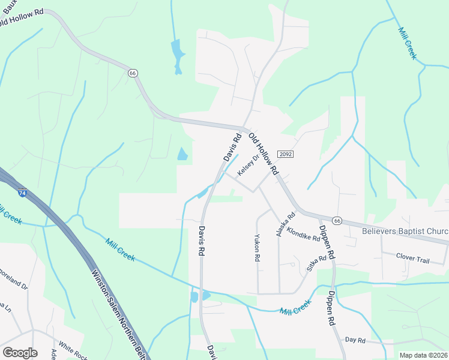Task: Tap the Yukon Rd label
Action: point(257,247)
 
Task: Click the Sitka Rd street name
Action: point(316,263)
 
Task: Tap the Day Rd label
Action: point(355,340)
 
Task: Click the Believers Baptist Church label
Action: point(406,231)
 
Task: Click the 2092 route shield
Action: point(285,155)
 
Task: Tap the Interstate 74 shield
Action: point(22,193)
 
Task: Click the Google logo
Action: point(20,352)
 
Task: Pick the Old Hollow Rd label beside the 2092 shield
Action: point(264,154)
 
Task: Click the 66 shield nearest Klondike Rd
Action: point(338,221)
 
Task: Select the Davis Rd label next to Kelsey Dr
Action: point(232,147)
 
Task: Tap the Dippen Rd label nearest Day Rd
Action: point(330,308)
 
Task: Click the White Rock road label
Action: point(73,352)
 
